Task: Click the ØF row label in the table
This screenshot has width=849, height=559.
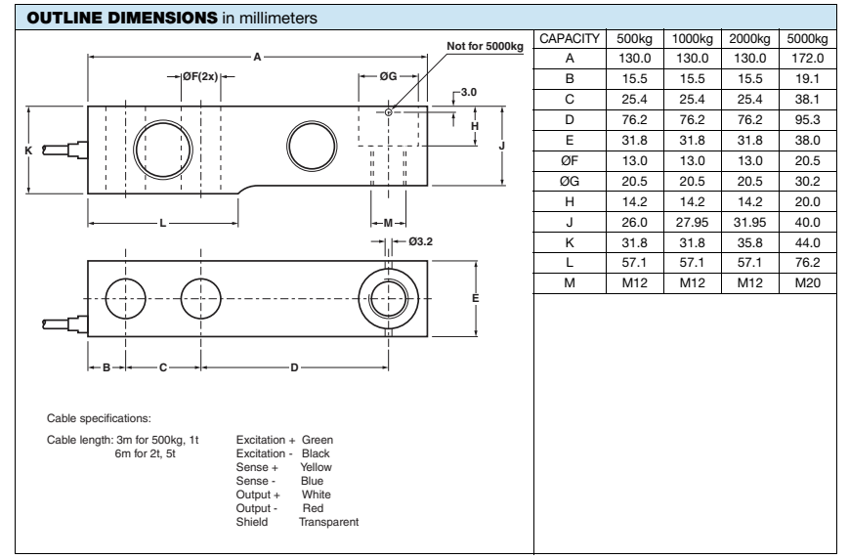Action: pos(569,159)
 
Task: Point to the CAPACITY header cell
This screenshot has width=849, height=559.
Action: pos(569,39)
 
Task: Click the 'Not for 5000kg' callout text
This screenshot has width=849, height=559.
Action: pos(486,46)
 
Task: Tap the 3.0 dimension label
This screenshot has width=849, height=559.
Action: pos(468,93)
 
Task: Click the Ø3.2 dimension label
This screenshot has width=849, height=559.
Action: pos(420,241)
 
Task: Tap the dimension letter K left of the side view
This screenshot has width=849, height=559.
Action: pos(29,150)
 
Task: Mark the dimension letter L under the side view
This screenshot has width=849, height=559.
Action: pos(163,223)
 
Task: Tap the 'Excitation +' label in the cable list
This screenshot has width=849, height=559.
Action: pos(266,443)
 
